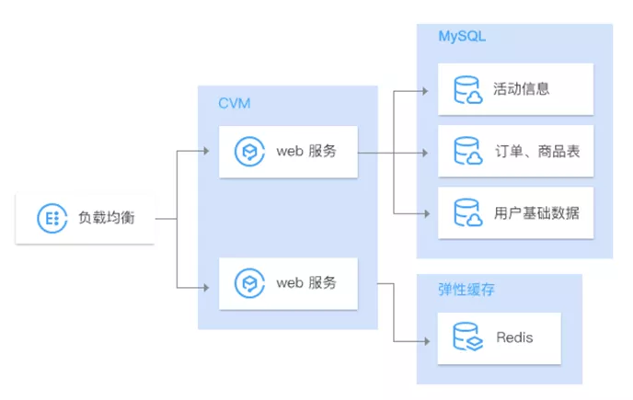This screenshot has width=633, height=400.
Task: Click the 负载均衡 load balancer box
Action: coord(85,218)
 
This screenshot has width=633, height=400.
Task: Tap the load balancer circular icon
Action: coord(48,218)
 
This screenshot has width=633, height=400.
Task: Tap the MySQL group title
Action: coord(462,37)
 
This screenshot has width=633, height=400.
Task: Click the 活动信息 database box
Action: coord(515,89)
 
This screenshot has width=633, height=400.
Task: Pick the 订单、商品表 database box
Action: coord(515,151)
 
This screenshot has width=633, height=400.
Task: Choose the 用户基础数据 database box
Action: coord(515,212)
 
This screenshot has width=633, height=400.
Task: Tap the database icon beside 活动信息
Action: coord(467,89)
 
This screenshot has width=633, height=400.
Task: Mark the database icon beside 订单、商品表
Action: coord(467,151)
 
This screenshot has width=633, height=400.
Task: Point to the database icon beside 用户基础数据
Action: coord(467,212)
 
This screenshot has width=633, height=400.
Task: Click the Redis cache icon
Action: coord(467,337)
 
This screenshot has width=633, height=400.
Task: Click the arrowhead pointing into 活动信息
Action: coord(425,91)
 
